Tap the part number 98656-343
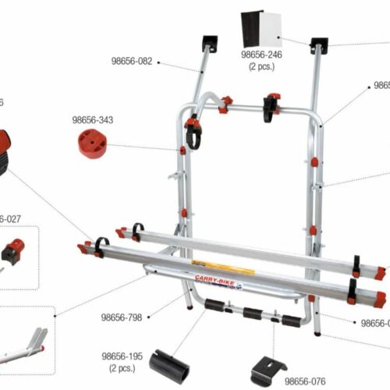click(92, 120)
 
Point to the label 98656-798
click(120, 317)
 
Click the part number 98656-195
click(121, 356)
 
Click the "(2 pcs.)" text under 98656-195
click(121, 367)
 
